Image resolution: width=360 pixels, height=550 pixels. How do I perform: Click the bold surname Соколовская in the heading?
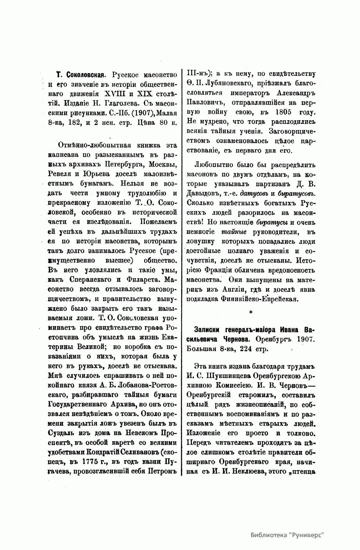(x=84, y=74)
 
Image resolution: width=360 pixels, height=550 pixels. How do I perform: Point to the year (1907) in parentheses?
(x=131, y=113)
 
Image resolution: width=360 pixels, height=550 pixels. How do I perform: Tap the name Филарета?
(x=144, y=280)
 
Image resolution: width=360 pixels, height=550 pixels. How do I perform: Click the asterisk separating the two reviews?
(x=250, y=313)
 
